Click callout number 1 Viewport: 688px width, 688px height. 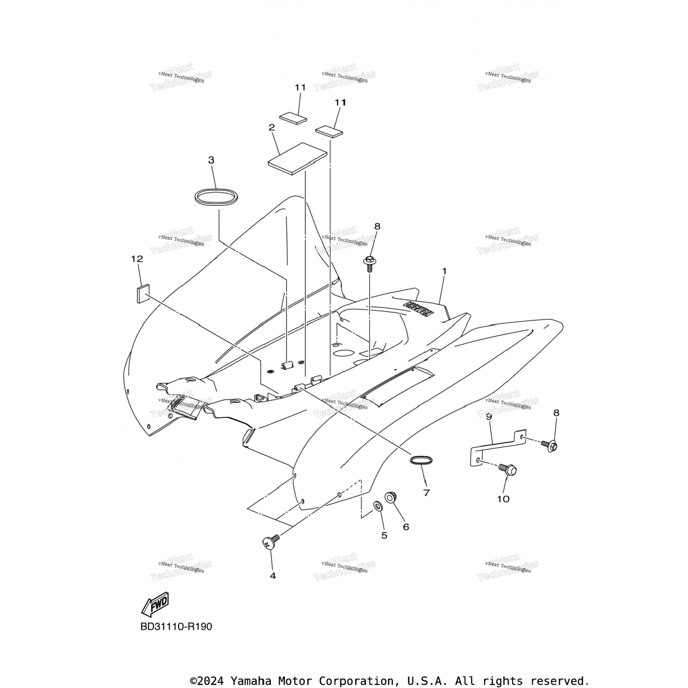point(444,271)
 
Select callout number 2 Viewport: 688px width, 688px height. point(272,128)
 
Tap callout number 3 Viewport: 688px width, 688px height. point(211,160)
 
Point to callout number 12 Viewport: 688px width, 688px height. point(137,259)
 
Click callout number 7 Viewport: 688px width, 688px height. point(427,493)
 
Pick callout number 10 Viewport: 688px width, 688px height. point(503,499)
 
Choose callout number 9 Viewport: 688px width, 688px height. point(489,416)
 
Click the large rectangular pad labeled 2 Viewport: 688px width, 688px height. point(297,159)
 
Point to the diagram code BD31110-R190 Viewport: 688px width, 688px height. point(177,627)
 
